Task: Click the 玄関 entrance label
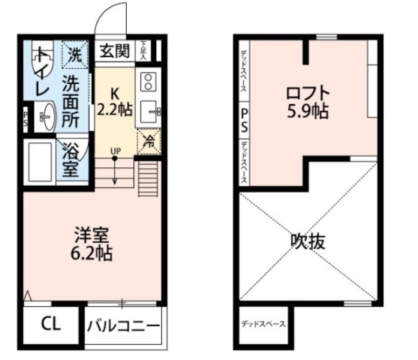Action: pos(115,52)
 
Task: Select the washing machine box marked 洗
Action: pos(74,53)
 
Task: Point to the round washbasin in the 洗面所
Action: pos(47,116)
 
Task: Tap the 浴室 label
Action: pos(71,159)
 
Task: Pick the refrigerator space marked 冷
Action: pos(148,139)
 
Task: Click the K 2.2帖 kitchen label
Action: pos(116,102)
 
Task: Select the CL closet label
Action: pos(50,325)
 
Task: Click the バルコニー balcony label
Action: pos(123,326)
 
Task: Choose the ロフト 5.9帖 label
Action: pos(308,102)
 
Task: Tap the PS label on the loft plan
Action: pos(244,120)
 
